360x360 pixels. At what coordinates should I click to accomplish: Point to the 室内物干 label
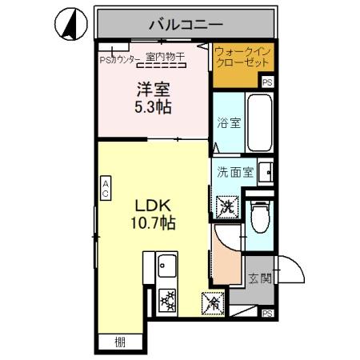tap(166, 56)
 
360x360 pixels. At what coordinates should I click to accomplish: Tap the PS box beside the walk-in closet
tap(268, 82)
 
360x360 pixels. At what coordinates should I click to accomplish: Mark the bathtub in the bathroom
tap(257, 122)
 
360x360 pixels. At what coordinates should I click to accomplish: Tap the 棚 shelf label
tap(119, 343)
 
